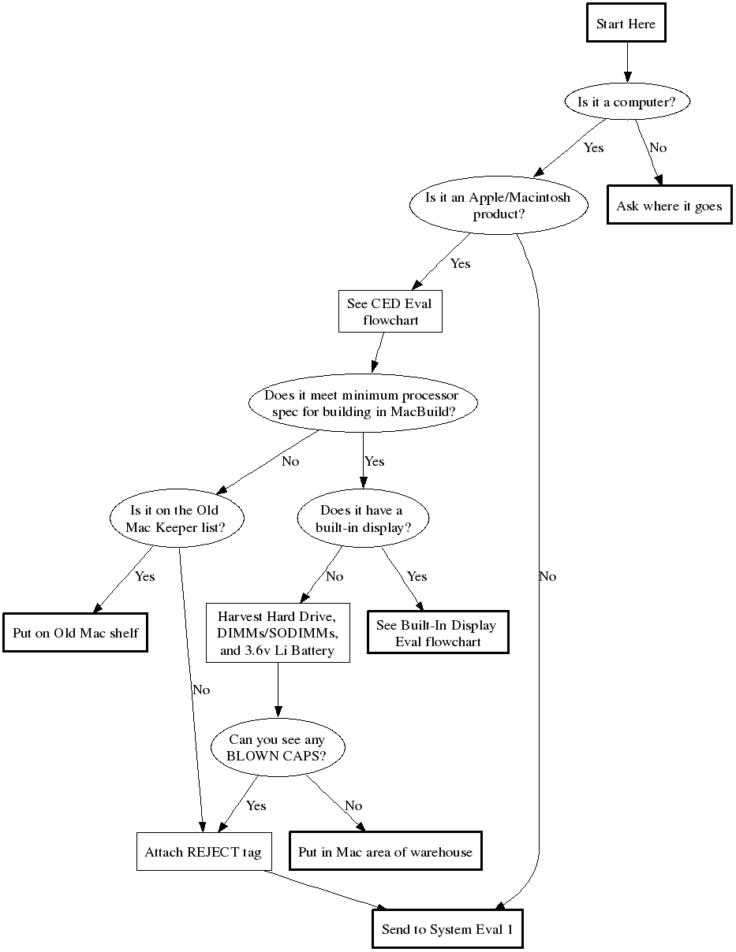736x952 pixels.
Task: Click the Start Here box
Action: click(626, 24)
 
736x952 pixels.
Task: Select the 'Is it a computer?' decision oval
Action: click(626, 102)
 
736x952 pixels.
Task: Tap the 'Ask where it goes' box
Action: click(669, 206)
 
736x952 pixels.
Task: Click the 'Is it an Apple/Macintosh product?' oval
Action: click(498, 206)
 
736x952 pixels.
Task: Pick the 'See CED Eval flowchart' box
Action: click(390, 311)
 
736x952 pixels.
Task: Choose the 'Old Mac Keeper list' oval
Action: click(176, 519)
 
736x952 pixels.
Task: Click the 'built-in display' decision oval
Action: click(361, 519)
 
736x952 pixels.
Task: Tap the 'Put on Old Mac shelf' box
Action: click(75, 633)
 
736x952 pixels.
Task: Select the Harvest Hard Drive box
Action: click(278, 633)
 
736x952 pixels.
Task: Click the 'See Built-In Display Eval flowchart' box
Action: click(436, 633)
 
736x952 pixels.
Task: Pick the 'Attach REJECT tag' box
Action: click(202, 852)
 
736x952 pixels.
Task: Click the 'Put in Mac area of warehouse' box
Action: click(385, 852)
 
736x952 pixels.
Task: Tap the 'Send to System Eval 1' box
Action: click(447, 929)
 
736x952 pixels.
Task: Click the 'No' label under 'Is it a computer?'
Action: click(657, 147)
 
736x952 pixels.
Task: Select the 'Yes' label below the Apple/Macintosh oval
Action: click(460, 263)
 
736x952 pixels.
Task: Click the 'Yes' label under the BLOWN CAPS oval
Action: click(256, 805)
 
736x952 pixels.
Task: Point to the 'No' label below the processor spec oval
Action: click(290, 461)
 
